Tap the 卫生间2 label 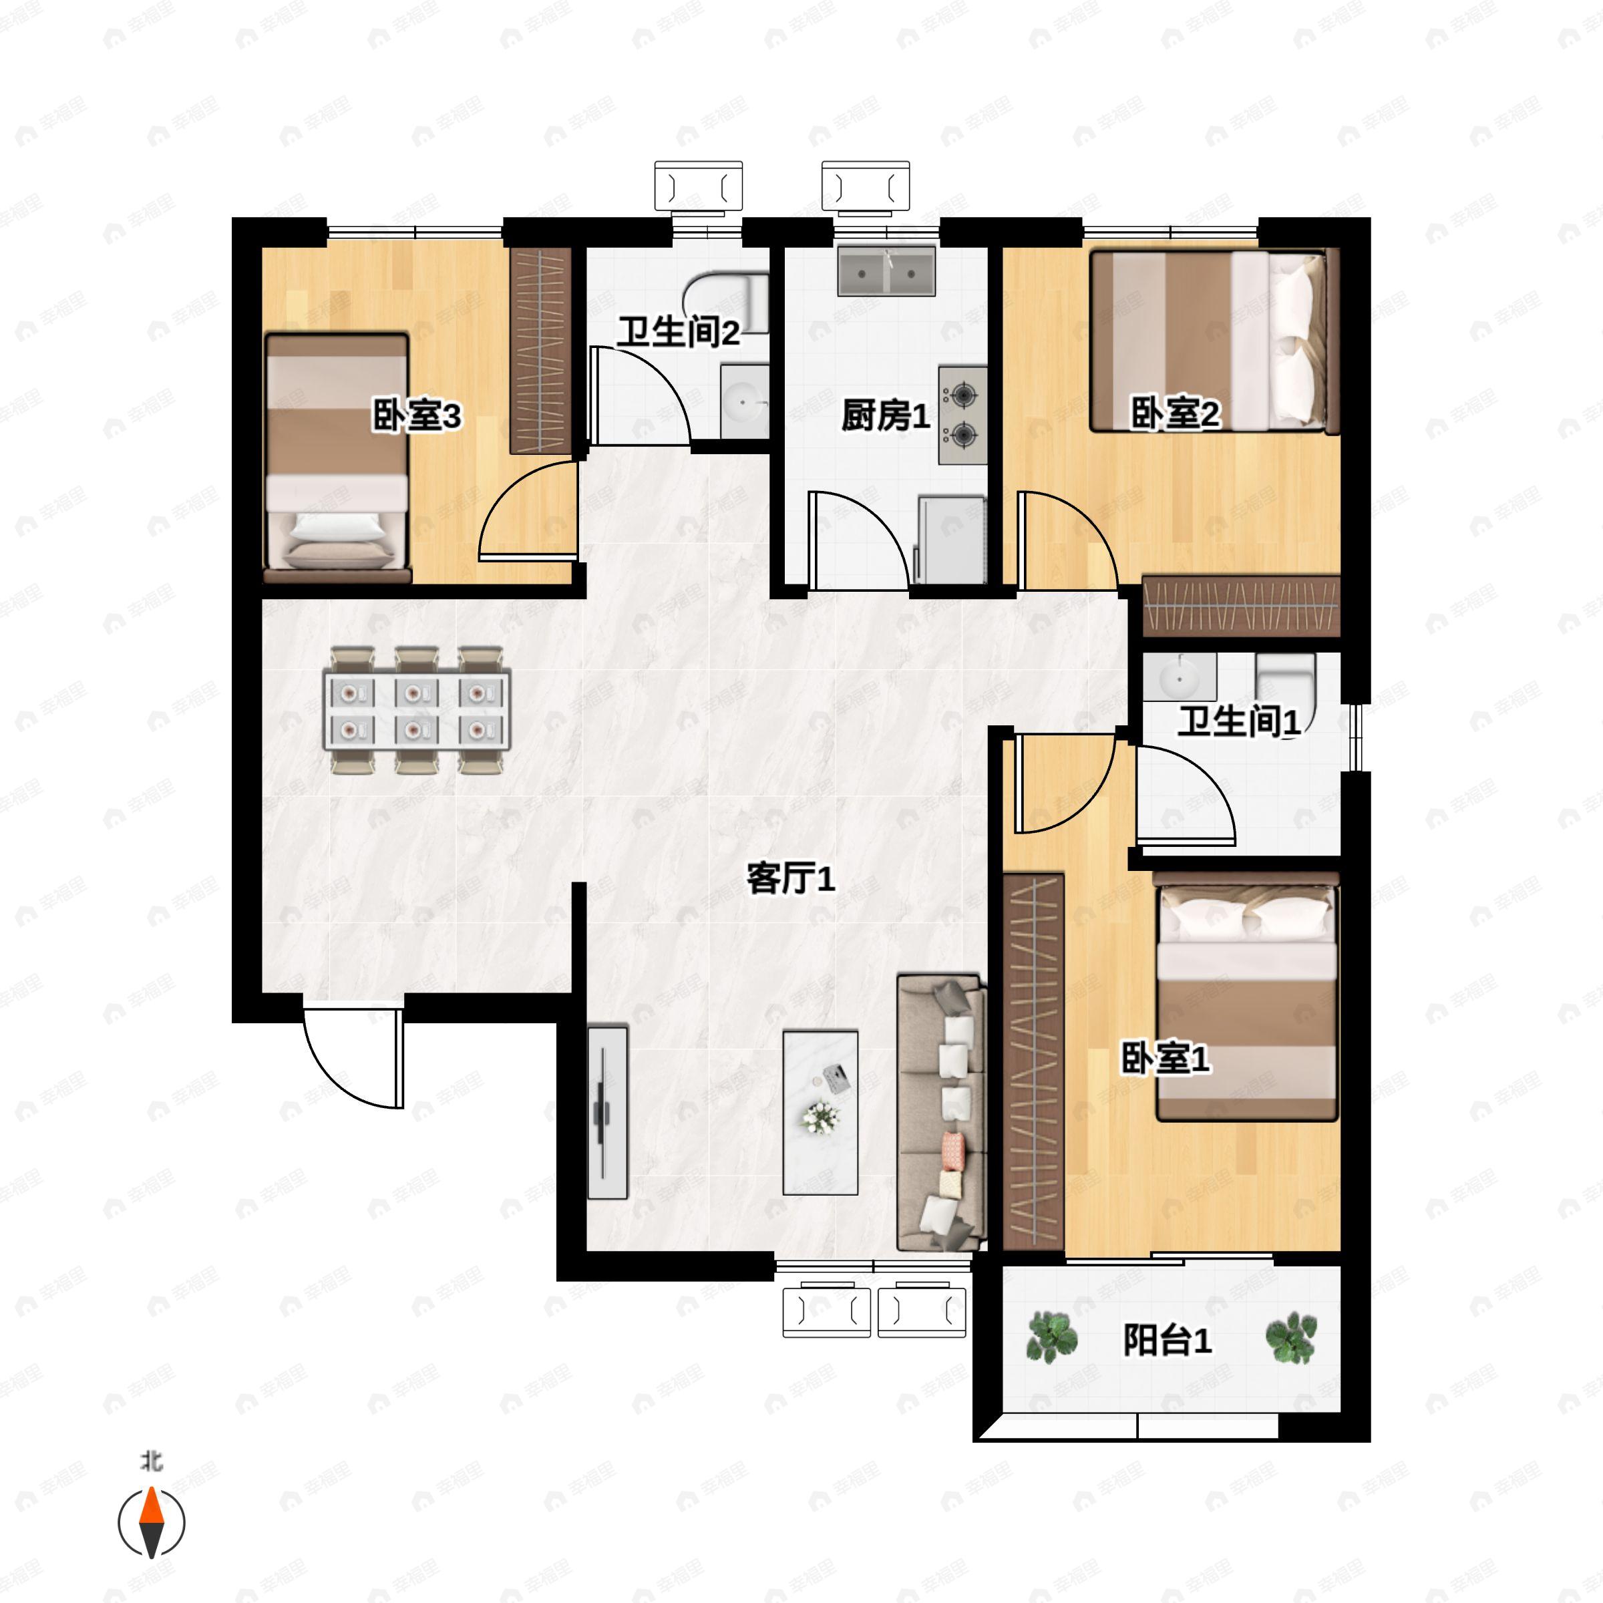pyautogui.click(x=677, y=333)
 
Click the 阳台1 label pyautogui.click(x=1168, y=1341)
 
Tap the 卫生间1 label pyautogui.click(x=1239, y=721)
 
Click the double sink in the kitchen pyautogui.click(x=886, y=271)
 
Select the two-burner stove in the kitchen pyautogui.click(x=962, y=415)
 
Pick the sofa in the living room pyautogui.click(x=941, y=1113)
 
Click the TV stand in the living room pyautogui.click(x=607, y=1113)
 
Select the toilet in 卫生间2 pyautogui.click(x=727, y=303)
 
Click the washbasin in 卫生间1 pyautogui.click(x=1179, y=677)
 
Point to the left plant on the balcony pyautogui.click(x=1052, y=1337)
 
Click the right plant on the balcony pyautogui.click(x=1291, y=1337)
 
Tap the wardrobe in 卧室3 pyautogui.click(x=540, y=350)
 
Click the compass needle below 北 pyautogui.click(x=151, y=1523)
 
